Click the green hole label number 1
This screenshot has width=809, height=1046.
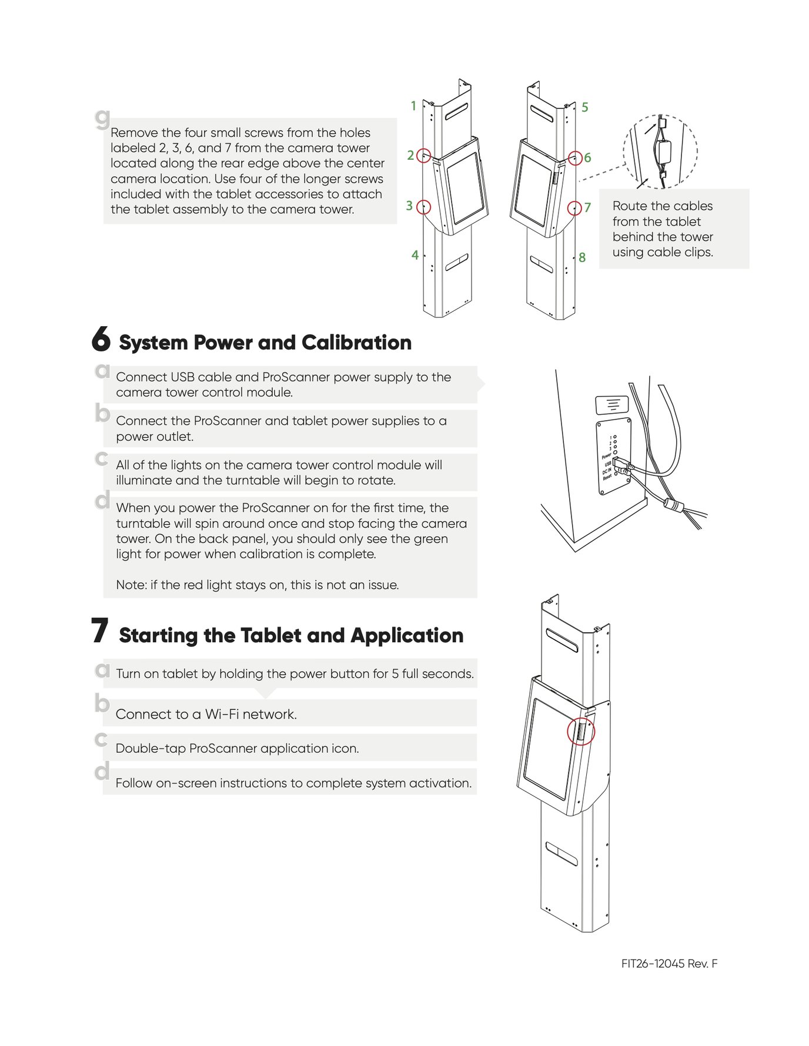tap(413, 106)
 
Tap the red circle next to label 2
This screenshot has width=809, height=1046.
tap(423, 156)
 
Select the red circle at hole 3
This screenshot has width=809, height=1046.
tap(423, 207)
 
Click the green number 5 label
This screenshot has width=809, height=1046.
tap(584, 108)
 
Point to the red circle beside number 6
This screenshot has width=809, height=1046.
tap(575, 157)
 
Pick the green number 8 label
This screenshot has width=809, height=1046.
tap(582, 257)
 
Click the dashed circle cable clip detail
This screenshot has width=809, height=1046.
tap(660, 152)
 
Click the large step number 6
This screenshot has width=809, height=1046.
tap(101, 340)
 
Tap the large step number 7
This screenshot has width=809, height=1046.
tap(99, 631)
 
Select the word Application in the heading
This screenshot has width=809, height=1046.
tap(407, 635)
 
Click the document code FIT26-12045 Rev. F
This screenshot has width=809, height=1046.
tap(669, 964)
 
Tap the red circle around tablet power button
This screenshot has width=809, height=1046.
tap(581, 732)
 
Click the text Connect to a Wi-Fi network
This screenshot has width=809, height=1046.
tap(206, 714)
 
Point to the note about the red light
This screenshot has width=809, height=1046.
tap(257, 585)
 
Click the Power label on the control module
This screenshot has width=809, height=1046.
tap(606, 456)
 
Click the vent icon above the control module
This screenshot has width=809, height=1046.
tap(612, 405)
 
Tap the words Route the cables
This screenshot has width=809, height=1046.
tap(662, 206)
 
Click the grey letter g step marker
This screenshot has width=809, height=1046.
tap(102, 118)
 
